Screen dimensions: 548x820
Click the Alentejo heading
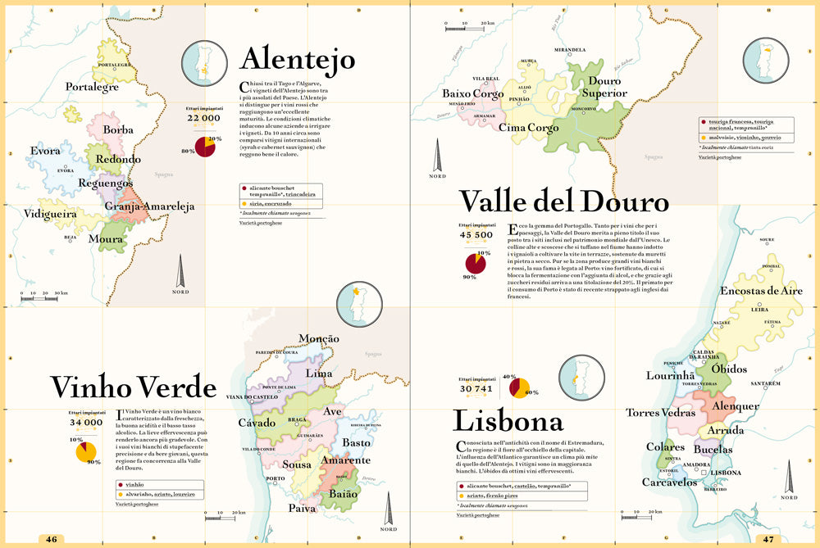297,60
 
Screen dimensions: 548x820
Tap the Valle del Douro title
563,202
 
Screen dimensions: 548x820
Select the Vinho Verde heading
133,387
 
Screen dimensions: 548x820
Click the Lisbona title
508,421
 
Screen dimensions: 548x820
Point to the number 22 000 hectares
204,118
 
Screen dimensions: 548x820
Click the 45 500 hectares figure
476,234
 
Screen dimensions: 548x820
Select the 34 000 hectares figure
86,423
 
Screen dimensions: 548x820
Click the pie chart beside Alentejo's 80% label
210,149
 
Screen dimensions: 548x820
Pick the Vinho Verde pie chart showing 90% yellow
86,451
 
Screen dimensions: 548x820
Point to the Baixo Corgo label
473,93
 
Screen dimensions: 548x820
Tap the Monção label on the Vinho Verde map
319,339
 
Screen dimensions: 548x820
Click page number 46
51,539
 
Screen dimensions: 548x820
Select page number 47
768,539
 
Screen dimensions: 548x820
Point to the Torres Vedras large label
661,412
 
